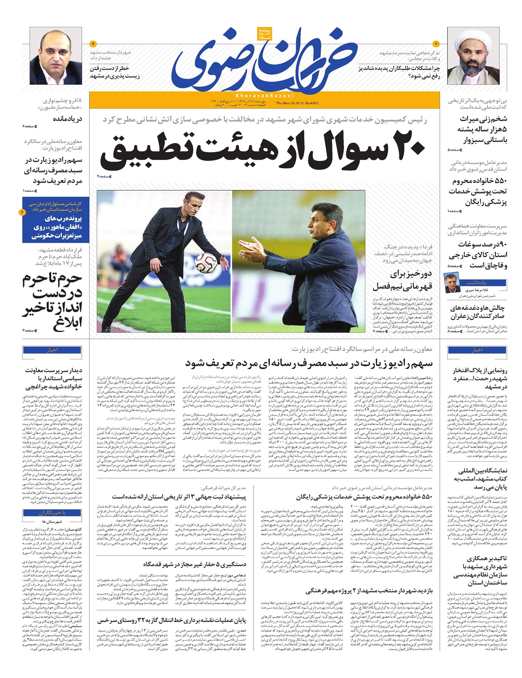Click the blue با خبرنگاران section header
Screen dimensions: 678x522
(52, 513)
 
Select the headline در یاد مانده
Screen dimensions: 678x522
(67, 119)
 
